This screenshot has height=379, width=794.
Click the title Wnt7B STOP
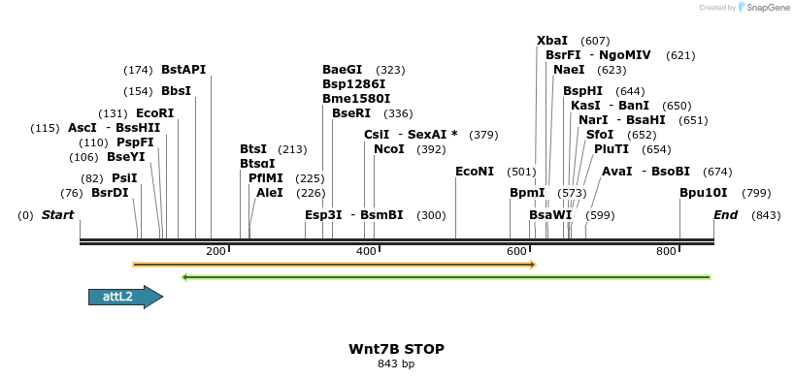[x=396, y=349]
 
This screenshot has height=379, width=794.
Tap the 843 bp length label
[x=396, y=364]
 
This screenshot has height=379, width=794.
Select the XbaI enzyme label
[x=552, y=41]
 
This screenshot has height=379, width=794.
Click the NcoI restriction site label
[x=389, y=149]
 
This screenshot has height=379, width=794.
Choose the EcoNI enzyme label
[x=475, y=172]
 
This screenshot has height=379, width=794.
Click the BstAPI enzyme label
[x=183, y=70]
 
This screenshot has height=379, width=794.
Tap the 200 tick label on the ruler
[x=215, y=252]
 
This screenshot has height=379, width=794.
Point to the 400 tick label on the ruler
[x=366, y=252]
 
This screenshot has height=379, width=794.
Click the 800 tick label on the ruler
[x=666, y=252]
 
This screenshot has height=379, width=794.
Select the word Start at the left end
[x=57, y=214]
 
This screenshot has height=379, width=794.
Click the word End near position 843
[x=725, y=214]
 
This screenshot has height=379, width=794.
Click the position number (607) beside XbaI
[x=595, y=41]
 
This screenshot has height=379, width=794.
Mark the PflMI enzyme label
[x=266, y=178]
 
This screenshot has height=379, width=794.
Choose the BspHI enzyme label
[x=583, y=91]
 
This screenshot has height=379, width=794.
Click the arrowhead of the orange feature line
[x=533, y=264]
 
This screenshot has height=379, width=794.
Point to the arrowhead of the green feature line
[x=185, y=277]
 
